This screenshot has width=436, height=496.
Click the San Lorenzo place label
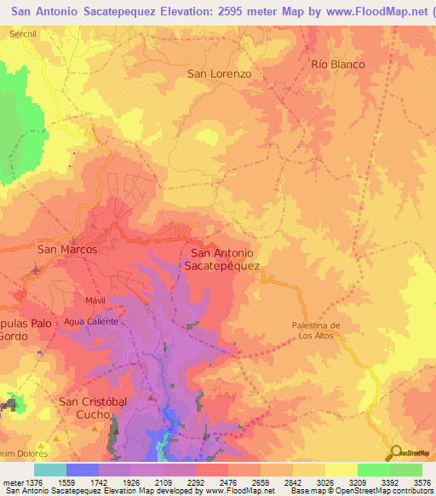pos(220,74)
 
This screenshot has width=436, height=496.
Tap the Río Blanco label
pos(338,65)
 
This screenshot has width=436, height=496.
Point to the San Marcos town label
pos(67,250)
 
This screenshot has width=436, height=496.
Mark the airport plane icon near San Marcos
pos(36,272)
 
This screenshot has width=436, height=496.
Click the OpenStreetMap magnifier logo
pos(394,453)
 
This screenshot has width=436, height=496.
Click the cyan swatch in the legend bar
pos(50,470)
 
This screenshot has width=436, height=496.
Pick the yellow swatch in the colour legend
pos(341,470)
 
